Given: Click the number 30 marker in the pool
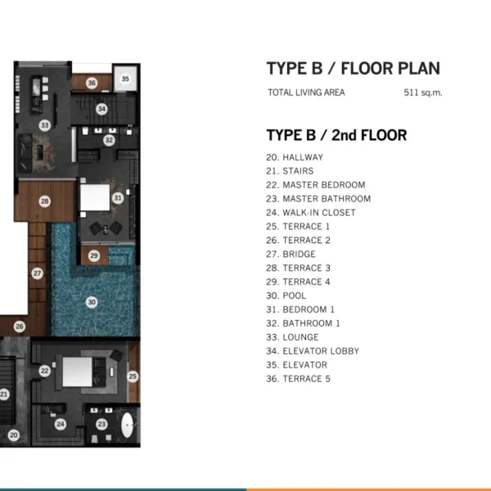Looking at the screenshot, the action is (92, 302).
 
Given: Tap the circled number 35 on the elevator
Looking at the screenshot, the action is (125, 79).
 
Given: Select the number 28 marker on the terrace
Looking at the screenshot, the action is (45, 201).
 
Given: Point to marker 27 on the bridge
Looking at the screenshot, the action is (38, 273).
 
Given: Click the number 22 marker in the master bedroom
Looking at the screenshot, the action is (45, 371).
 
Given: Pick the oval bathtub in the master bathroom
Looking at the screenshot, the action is (127, 426).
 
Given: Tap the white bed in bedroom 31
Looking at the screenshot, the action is (95, 197).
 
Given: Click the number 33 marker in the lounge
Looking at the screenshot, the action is (45, 125).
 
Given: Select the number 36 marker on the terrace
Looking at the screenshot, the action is (92, 83).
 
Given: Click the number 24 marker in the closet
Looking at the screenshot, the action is (61, 424).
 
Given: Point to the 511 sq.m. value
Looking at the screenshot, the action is (423, 92).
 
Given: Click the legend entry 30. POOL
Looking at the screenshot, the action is (286, 295).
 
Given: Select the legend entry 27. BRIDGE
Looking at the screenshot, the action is (291, 254).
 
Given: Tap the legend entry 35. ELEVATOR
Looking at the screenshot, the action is (297, 365).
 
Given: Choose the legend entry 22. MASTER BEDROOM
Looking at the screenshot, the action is (316, 185).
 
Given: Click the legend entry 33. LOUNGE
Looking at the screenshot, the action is (292, 337).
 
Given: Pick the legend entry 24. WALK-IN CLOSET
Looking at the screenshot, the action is (311, 213).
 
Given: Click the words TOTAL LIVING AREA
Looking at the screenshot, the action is (306, 92).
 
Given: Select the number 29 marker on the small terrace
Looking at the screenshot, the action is (94, 255).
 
